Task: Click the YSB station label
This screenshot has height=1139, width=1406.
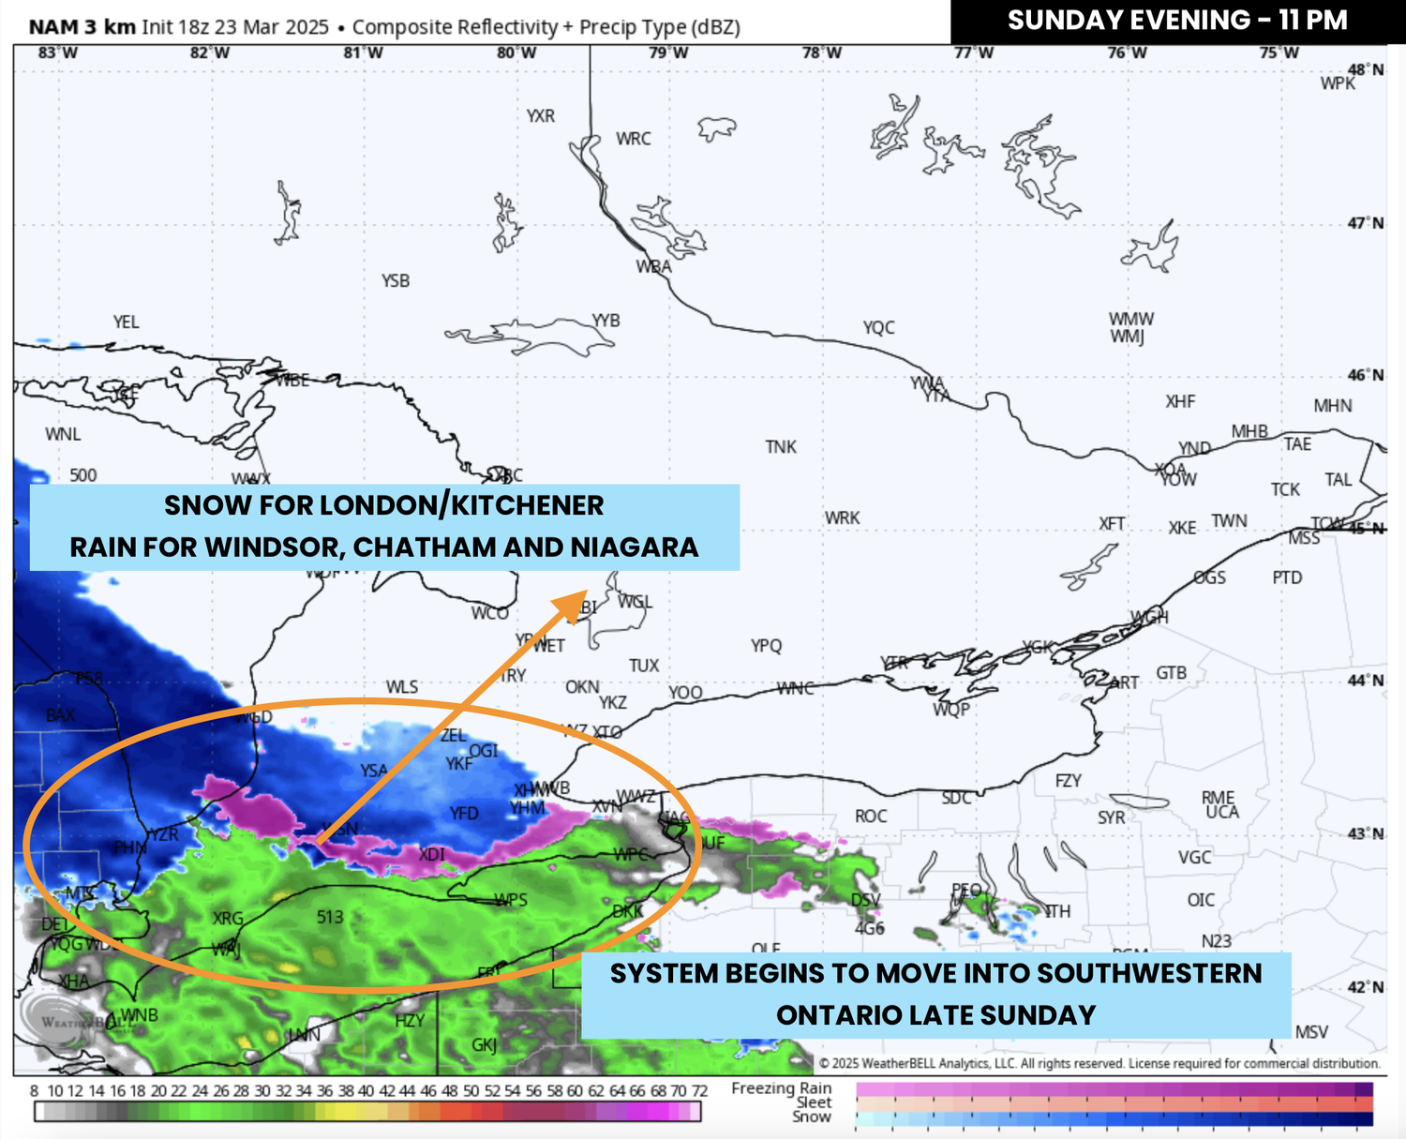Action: click(396, 280)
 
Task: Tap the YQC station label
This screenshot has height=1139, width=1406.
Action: click(879, 327)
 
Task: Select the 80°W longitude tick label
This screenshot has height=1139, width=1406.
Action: click(516, 52)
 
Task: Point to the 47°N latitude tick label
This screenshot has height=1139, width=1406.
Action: click(1365, 223)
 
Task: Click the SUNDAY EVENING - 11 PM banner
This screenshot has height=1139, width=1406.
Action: click(1177, 21)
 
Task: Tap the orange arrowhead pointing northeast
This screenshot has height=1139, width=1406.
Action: click(571, 606)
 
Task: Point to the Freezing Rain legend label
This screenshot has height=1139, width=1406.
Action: click(781, 1088)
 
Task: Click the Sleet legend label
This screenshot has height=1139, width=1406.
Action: click(814, 1102)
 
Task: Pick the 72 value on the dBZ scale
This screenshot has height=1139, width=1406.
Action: click(699, 1091)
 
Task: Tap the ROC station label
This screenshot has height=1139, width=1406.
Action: click(871, 816)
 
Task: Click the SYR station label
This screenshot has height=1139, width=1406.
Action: click(1112, 817)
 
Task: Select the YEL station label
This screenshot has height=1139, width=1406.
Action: click(126, 322)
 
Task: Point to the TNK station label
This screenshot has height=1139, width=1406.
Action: click(781, 446)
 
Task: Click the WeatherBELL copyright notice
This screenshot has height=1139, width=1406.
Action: click(1099, 1063)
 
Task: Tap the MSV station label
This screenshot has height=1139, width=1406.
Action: click(1311, 1031)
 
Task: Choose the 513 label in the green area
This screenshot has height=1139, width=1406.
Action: click(330, 917)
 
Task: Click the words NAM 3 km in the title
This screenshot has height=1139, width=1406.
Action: click(82, 26)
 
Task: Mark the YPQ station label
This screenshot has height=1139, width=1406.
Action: click(766, 645)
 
